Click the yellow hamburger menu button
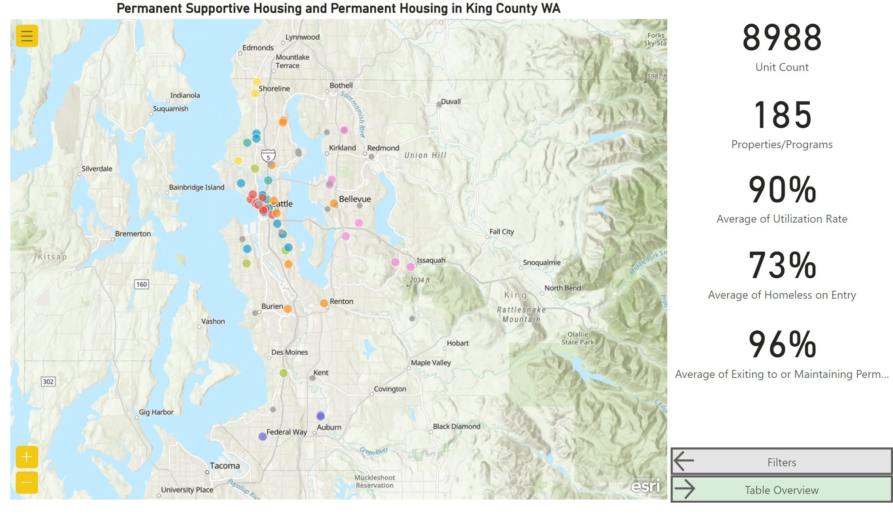coord(27,36)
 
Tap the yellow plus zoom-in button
coord(27,457)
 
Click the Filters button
coord(781,462)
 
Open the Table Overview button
coord(781,490)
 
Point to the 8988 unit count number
coord(782,38)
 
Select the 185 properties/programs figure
coord(782,115)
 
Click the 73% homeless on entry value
coord(782,265)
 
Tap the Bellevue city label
coord(355,199)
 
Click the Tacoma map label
coord(225,466)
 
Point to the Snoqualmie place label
coord(541,263)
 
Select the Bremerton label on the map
coord(133,234)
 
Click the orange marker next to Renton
coord(324,303)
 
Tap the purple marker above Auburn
coord(320,416)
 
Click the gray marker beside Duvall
coord(439,105)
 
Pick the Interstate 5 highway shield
coord(268,156)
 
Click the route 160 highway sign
coord(141,284)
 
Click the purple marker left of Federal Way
coord(262,437)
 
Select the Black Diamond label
coord(456,426)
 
